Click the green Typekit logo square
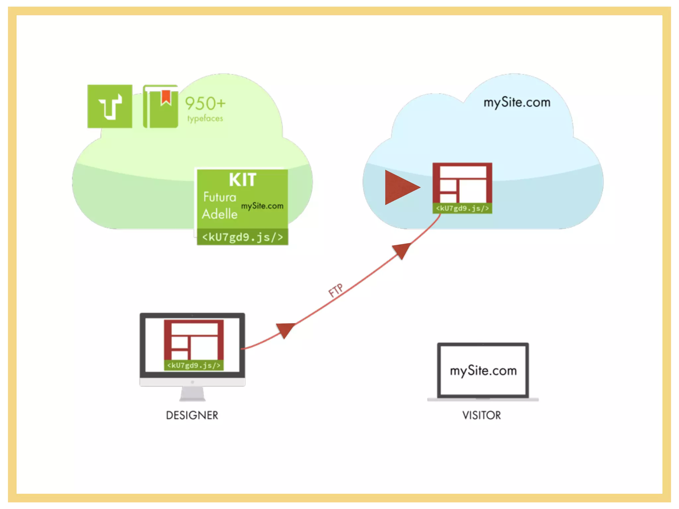click(110, 106)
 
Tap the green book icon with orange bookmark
click(160, 106)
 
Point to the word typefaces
click(205, 118)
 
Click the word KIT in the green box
click(242, 180)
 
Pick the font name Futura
click(219, 197)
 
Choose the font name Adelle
click(219, 214)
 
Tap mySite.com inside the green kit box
click(262, 206)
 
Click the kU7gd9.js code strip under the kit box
click(242, 237)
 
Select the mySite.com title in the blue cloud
click(517, 102)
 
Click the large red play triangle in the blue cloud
click(401, 187)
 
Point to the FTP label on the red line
click(336, 291)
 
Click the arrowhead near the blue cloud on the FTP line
click(402, 250)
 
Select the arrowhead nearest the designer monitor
click(285, 330)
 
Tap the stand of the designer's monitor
click(192, 394)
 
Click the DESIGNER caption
click(192, 415)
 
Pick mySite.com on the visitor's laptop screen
click(483, 371)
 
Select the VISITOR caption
click(481, 415)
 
